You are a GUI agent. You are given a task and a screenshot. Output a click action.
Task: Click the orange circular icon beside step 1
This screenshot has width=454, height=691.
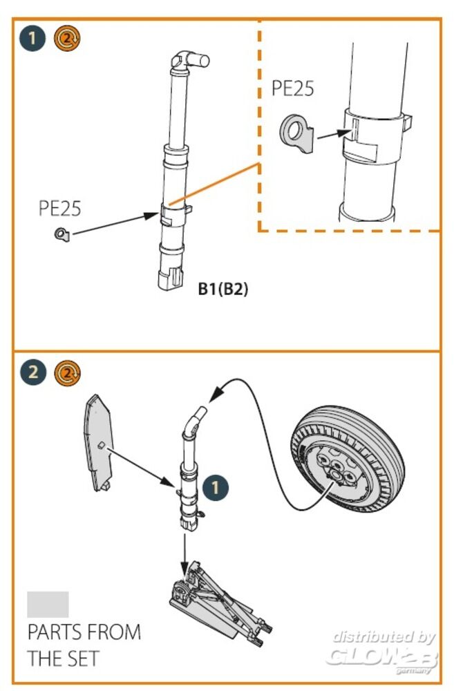tap(67, 39)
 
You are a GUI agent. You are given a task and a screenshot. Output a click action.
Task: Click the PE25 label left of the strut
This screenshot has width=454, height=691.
tap(59, 209)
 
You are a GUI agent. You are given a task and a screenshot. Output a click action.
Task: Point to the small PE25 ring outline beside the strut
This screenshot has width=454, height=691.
tap(62, 236)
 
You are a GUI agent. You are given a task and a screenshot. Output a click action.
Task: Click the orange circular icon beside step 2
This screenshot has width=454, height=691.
tap(67, 372)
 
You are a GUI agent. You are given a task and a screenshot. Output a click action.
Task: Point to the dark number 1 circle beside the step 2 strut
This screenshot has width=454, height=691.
tap(217, 488)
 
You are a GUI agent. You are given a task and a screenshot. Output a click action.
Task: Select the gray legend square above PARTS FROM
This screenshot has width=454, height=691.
tap(48, 604)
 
